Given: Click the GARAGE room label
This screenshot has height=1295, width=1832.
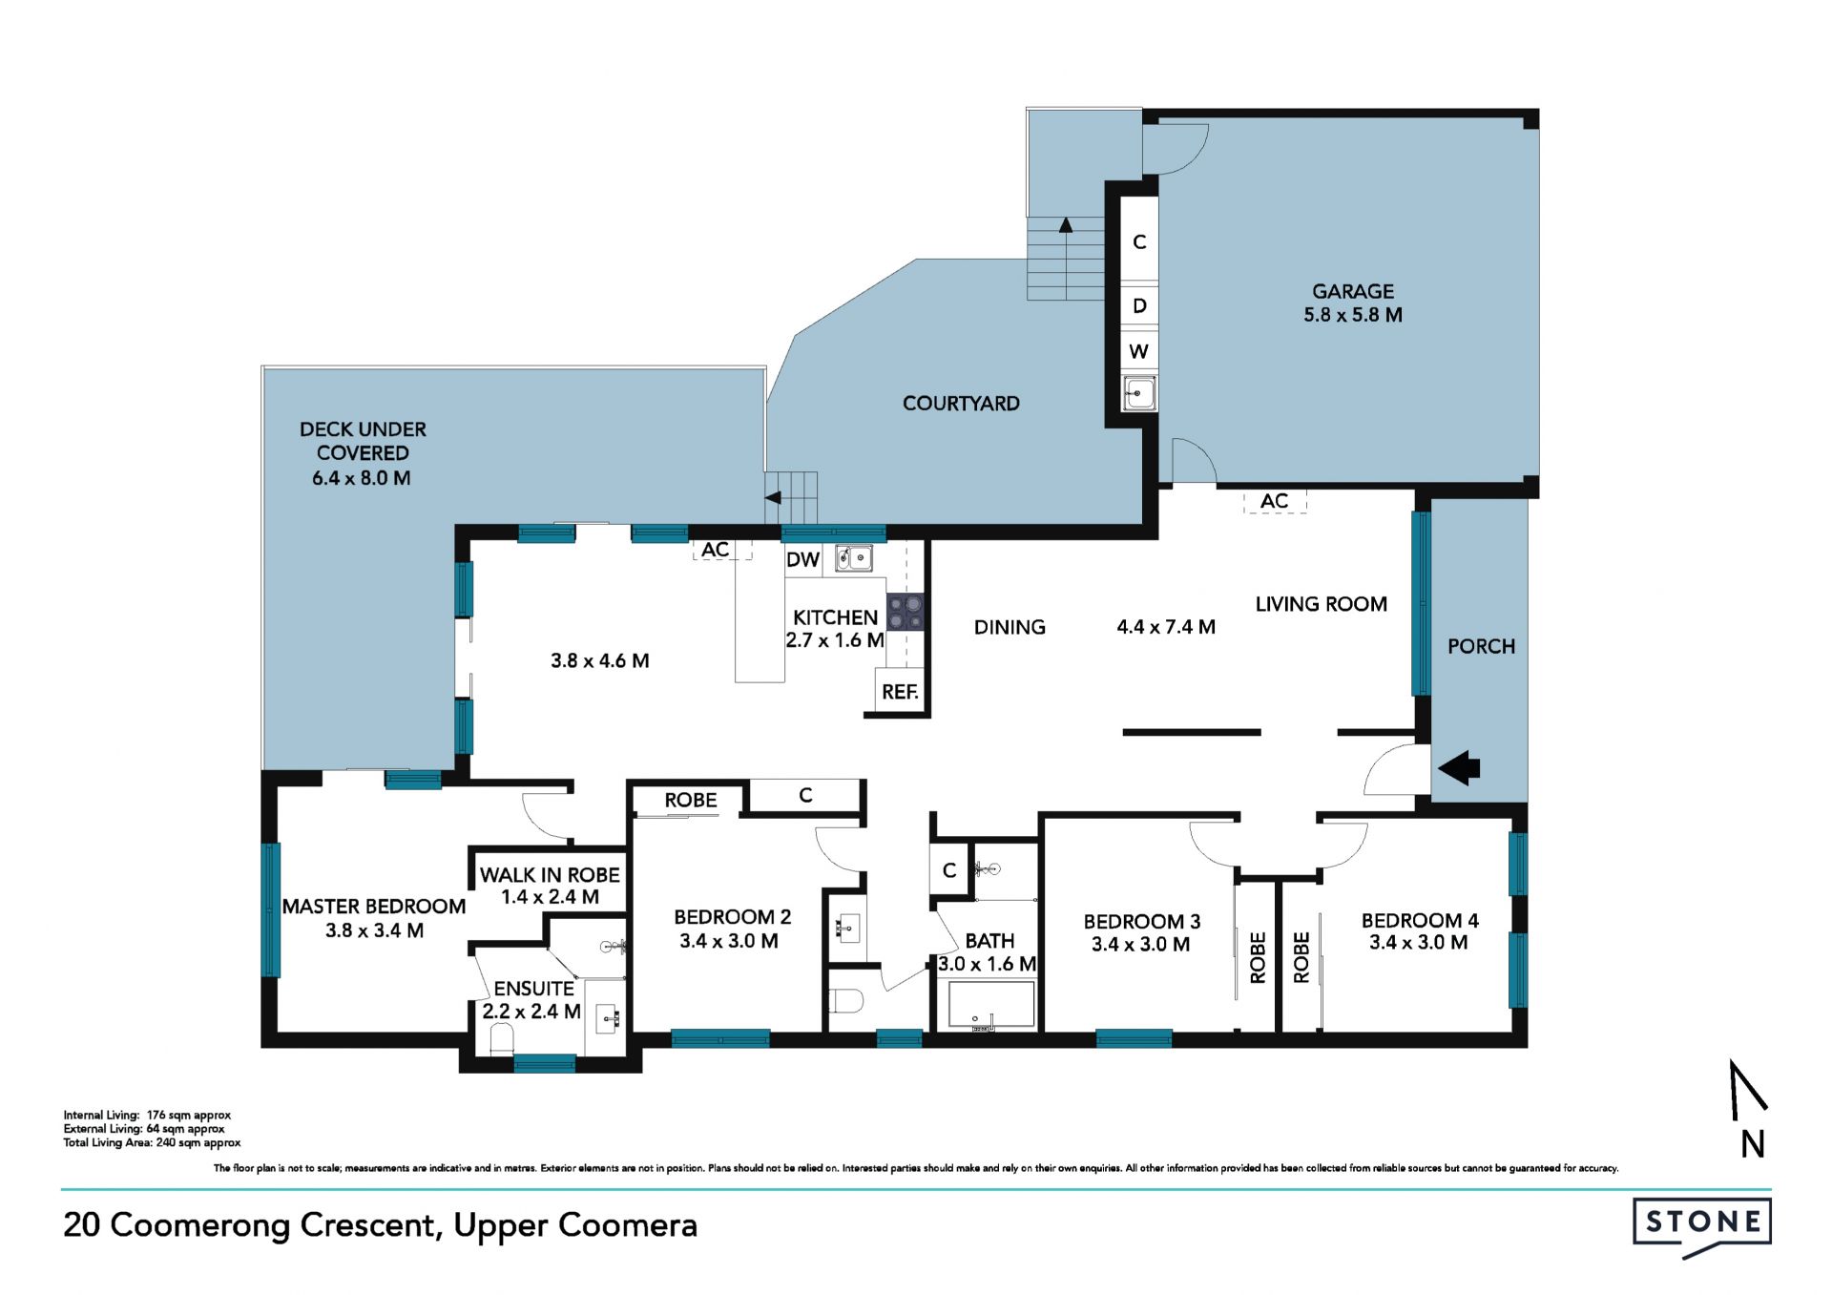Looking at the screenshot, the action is click(x=1352, y=291).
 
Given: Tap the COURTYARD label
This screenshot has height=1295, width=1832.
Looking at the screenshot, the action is click(x=961, y=404).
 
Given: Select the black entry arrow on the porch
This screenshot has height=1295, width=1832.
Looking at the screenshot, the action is click(x=1459, y=767).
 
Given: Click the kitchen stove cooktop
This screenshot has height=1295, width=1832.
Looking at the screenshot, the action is click(x=906, y=612).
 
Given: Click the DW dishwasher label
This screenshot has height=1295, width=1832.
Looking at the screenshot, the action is click(x=803, y=560).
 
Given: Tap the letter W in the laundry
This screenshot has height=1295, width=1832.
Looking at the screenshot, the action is click(x=1138, y=351).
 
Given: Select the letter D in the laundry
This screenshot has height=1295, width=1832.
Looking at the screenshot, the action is click(x=1139, y=306).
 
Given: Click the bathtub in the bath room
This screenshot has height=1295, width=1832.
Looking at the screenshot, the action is click(x=991, y=1006).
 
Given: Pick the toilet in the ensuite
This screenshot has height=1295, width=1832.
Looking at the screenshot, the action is click(x=501, y=1037).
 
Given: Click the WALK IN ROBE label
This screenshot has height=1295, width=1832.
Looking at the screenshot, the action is click(x=550, y=875).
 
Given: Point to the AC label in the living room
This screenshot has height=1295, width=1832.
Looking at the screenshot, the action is click(x=1274, y=501).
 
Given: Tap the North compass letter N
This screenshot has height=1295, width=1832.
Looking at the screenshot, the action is click(x=1752, y=1144).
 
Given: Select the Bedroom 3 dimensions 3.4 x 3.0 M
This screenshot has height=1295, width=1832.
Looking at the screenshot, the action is click(x=1140, y=945).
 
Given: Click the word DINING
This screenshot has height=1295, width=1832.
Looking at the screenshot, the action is click(x=1010, y=627).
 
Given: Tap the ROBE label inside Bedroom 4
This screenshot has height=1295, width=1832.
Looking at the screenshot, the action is click(x=1301, y=957).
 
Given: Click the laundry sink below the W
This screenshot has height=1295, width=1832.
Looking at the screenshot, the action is click(x=1139, y=392).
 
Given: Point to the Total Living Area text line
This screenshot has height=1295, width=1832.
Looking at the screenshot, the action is click(x=152, y=1142).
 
